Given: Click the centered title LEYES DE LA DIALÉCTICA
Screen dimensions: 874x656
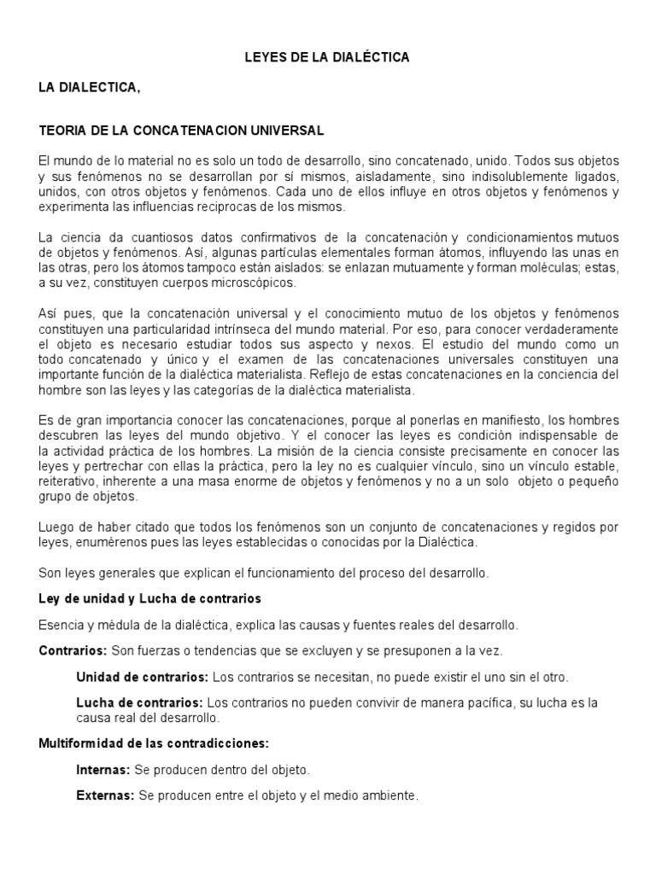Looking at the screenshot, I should click(x=327, y=57).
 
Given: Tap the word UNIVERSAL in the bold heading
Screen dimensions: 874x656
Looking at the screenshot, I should click(x=290, y=131).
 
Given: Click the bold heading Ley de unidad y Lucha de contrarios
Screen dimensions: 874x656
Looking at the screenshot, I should click(x=149, y=598).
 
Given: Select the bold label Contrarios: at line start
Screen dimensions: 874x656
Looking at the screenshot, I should click(x=73, y=651).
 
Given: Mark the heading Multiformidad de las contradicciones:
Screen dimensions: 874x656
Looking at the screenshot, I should click(x=154, y=743).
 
